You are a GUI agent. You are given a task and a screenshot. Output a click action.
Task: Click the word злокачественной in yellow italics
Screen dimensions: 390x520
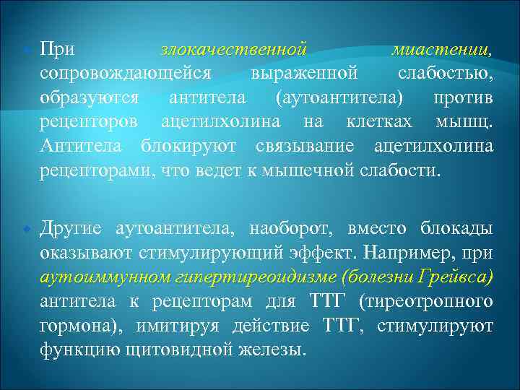pos(233,51)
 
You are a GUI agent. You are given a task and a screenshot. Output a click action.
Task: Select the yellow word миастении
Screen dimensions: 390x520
pos(441,51)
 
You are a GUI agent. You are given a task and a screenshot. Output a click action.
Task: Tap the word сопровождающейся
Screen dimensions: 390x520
pos(124,74)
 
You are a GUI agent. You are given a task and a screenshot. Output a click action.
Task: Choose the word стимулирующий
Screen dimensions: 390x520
pos(207,253)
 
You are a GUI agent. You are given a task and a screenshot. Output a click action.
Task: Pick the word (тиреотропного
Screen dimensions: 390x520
pos(432,300)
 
